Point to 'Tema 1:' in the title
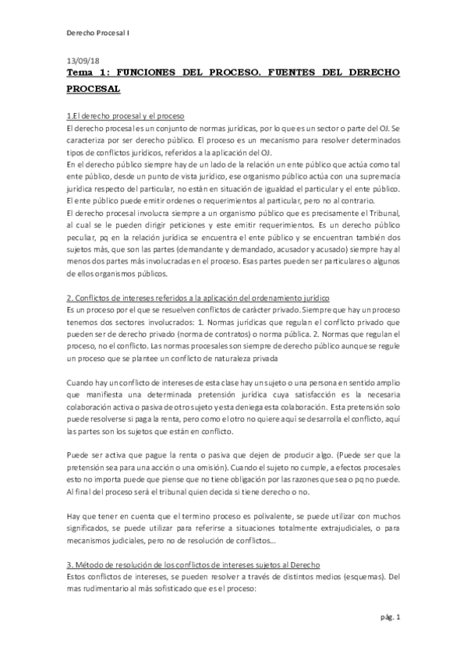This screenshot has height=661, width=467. coord(90,72)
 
